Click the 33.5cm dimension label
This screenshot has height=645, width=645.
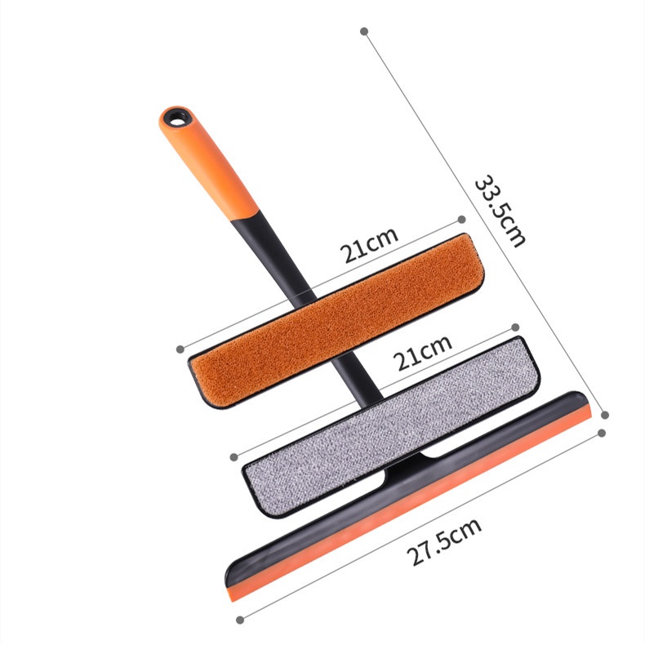(500, 211)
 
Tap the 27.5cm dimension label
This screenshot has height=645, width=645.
(444, 541)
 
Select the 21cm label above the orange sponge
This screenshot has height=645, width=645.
(369, 244)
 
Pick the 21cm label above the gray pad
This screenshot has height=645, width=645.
(422, 353)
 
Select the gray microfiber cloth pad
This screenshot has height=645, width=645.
(391, 426)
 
